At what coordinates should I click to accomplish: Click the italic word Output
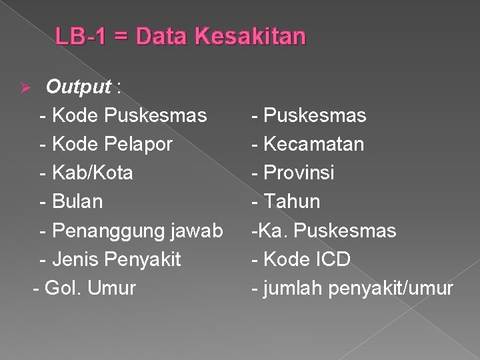[78, 87]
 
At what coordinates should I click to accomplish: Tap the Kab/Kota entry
[91, 173]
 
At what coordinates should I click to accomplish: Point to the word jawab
[197, 231]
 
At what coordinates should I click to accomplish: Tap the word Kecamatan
[314, 145]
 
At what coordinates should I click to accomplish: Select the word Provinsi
[299, 173]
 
